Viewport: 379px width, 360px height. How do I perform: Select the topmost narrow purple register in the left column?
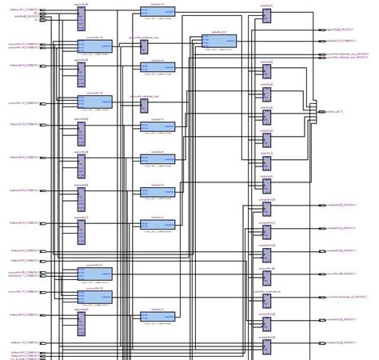tap(81, 16)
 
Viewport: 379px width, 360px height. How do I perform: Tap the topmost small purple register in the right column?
tap(267, 16)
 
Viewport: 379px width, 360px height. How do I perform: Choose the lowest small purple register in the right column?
tap(267, 345)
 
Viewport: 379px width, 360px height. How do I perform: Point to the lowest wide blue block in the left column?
tap(95, 296)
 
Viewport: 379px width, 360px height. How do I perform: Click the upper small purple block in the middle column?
tap(145, 69)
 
